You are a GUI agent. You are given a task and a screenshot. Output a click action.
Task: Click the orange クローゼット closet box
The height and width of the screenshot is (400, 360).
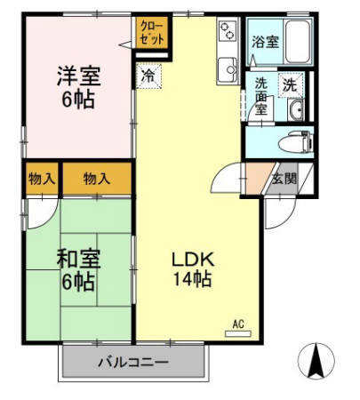(148, 34)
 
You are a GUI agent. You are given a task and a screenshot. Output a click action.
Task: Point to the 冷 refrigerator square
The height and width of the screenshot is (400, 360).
(149, 76)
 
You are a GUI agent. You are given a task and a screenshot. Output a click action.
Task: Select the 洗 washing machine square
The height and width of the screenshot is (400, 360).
(289, 84)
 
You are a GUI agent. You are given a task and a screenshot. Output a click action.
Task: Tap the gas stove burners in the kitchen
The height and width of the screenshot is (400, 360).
(228, 32)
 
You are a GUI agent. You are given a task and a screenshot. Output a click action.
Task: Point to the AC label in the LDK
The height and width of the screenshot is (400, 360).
(238, 323)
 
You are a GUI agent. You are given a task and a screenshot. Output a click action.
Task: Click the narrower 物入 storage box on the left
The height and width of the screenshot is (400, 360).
(42, 179)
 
